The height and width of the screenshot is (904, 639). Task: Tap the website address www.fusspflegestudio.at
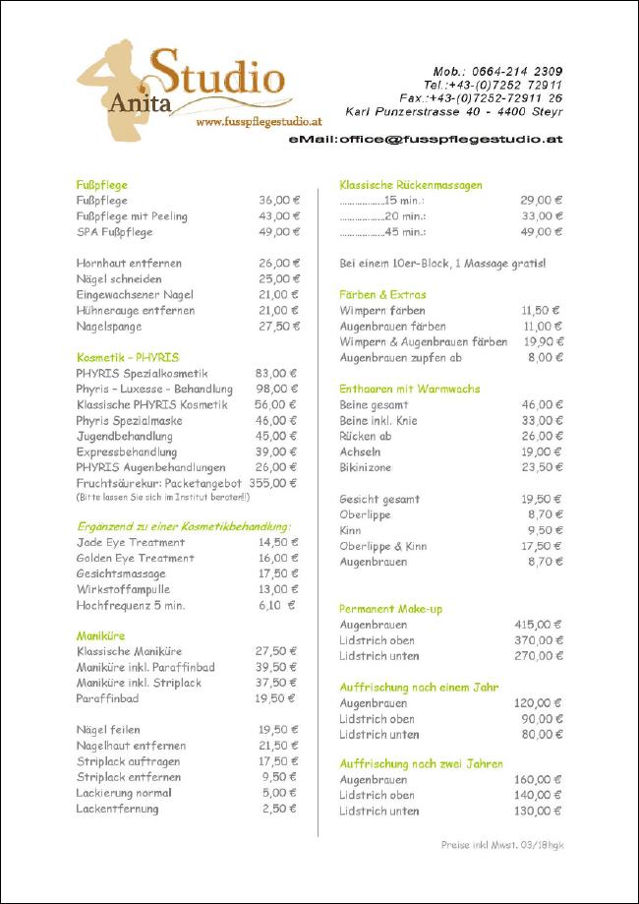click(259, 123)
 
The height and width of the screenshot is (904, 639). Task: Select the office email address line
click(425, 141)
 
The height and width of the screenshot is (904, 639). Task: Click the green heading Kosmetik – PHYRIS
click(128, 358)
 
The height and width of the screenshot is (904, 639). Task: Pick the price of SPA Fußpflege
click(279, 232)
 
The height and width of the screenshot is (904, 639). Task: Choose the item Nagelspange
click(109, 327)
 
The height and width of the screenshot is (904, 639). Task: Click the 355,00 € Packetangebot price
click(272, 484)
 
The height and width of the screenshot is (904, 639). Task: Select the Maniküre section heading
click(101, 636)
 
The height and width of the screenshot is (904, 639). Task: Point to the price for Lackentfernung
click(279, 810)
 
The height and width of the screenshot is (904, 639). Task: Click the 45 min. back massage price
click(541, 232)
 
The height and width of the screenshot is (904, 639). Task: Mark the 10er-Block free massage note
click(442, 264)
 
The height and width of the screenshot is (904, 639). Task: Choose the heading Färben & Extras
click(382, 295)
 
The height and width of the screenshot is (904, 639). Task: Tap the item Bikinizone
click(366, 468)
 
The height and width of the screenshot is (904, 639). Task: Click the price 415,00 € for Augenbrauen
click(537, 625)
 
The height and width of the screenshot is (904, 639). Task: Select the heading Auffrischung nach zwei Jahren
click(421, 764)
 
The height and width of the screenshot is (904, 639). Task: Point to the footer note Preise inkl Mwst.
click(501, 845)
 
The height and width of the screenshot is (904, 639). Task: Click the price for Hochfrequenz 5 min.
click(276, 606)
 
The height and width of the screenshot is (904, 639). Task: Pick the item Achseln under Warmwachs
click(360, 452)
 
